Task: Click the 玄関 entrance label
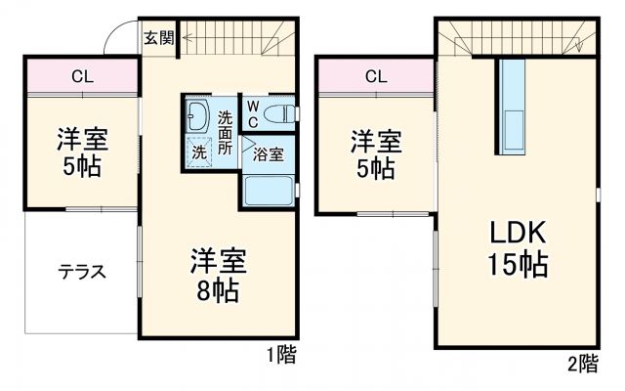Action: [x=159, y=39]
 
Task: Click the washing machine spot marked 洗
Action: [x=198, y=152]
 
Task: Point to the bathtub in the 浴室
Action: [x=269, y=188]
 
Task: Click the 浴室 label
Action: [x=269, y=153]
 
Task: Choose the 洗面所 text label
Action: [x=226, y=133]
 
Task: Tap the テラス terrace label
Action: [x=81, y=272]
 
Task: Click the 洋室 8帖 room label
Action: [x=218, y=276]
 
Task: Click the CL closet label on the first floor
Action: [x=82, y=76]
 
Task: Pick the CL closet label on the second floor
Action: [x=376, y=76]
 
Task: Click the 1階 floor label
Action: [x=280, y=355]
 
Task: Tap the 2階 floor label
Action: [x=582, y=364]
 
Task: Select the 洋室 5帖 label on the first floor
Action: [x=82, y=152]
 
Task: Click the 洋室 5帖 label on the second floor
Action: [x=376, y=154]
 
